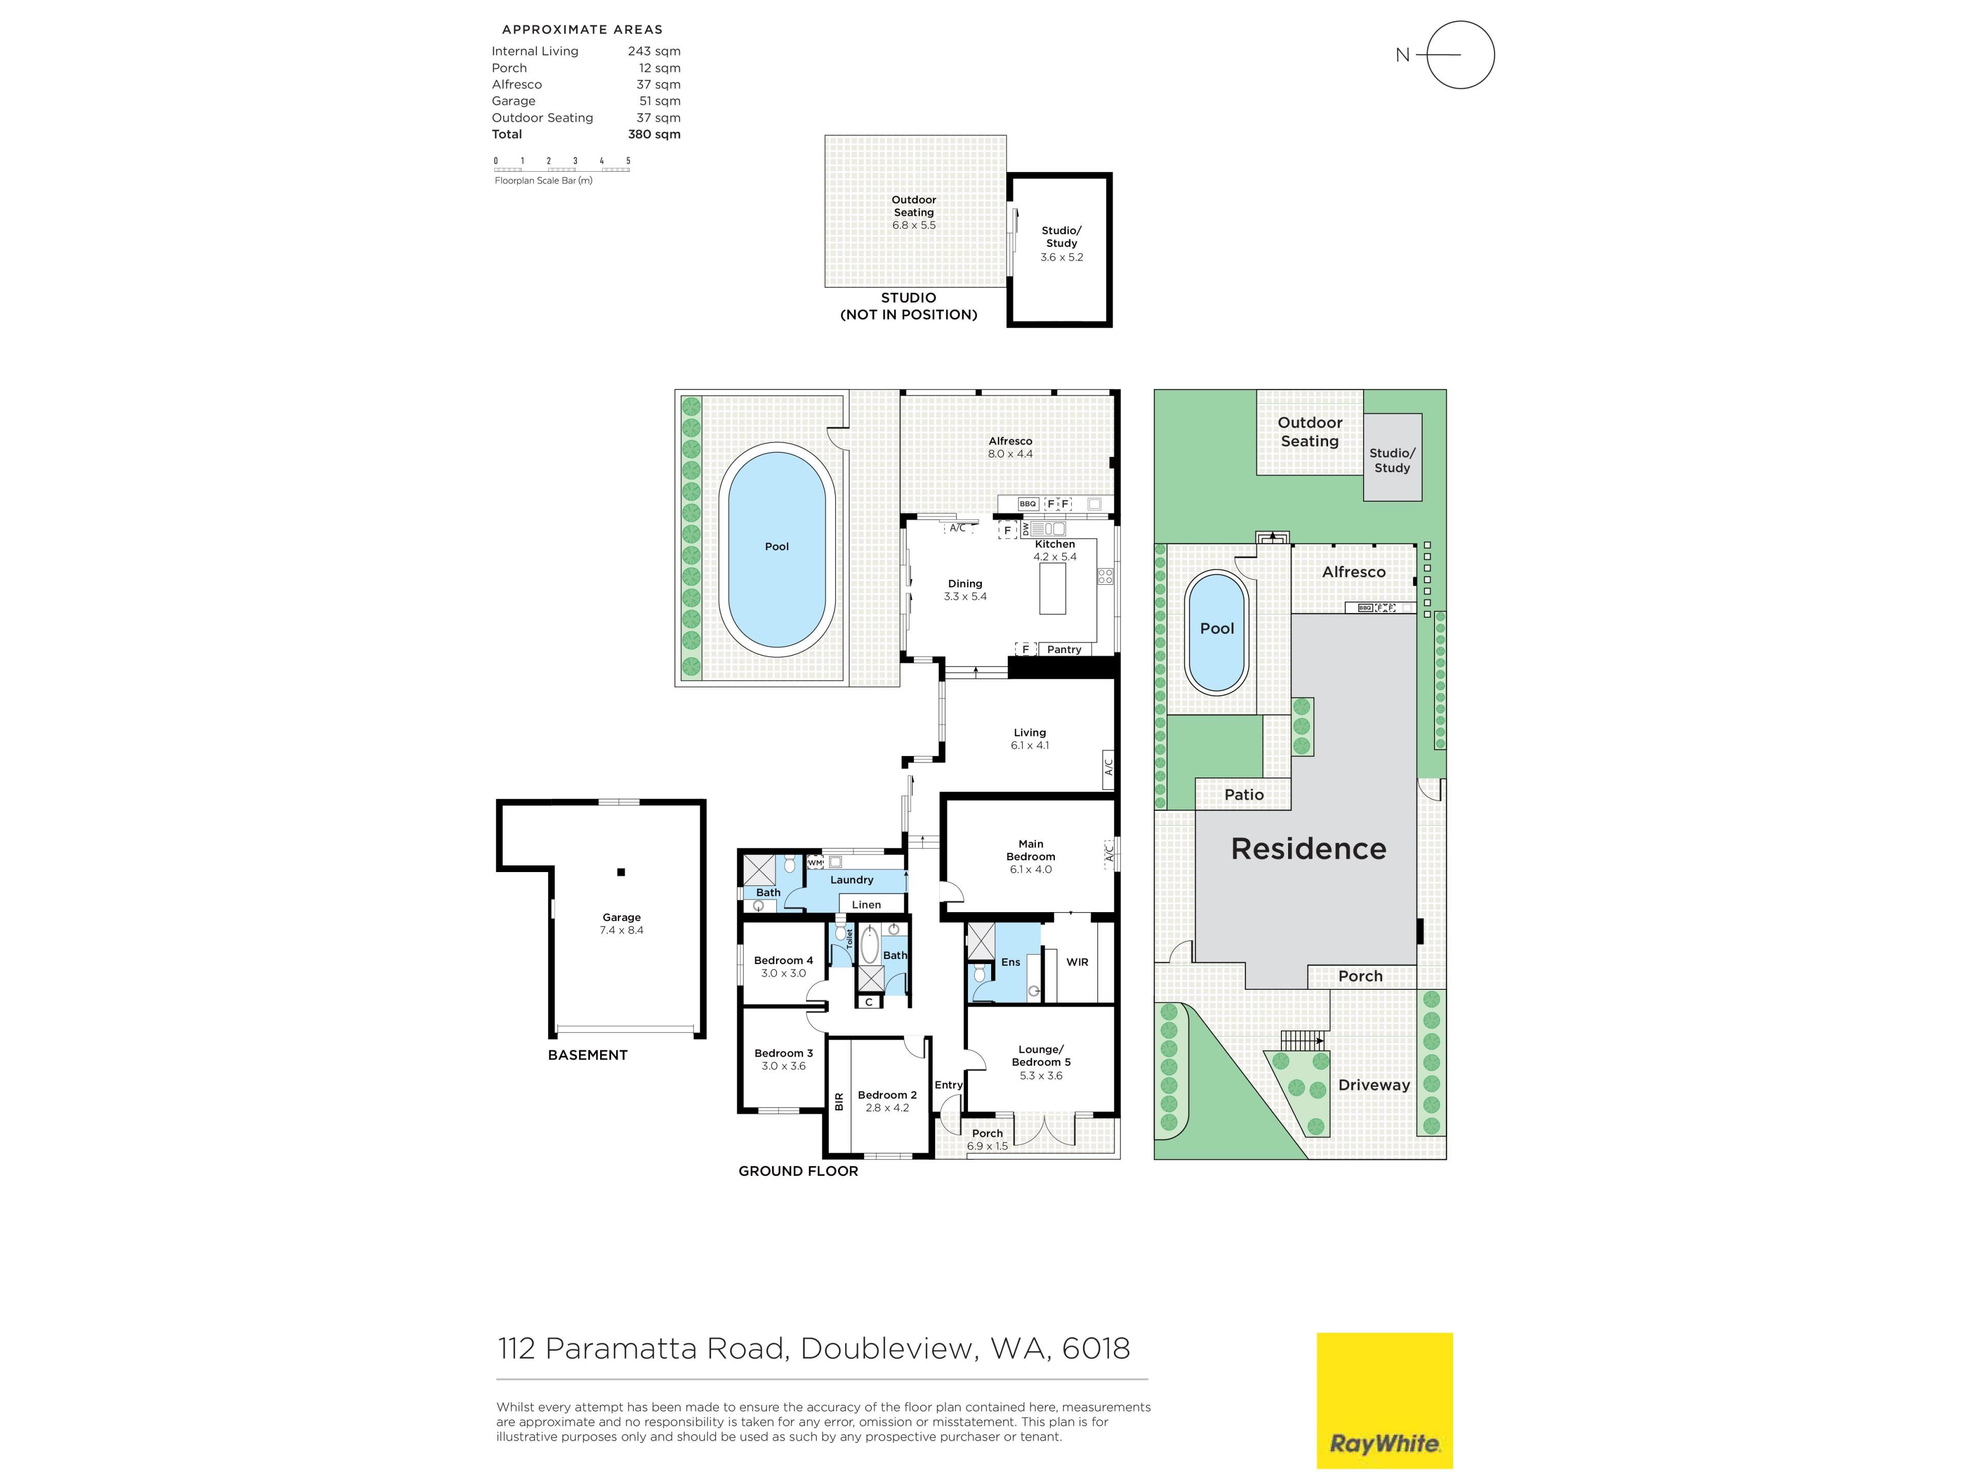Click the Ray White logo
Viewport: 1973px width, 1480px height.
click(x=1384, y=1400)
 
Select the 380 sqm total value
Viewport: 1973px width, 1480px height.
click(x=654, y=134)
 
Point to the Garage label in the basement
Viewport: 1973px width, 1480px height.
click(x=622, y=917)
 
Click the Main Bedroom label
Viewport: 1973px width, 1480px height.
click(x=1031, y=850)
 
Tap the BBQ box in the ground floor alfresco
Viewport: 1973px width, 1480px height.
click(x=1028, y=504)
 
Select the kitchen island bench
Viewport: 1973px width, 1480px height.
click(x=1052, y=589)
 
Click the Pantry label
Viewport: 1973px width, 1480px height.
click(x=1064, y=650)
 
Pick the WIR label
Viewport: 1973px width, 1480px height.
click(x=1077, y=961)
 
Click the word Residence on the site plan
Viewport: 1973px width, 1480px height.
click(x=1309, y=848)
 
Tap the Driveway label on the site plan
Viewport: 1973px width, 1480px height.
click(x=1373, y=1085)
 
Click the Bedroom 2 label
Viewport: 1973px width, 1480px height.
click(x=887, y=1095)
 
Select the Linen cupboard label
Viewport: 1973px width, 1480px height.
click(x=866, y=904)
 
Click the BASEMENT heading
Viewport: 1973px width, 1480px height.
click(x=588, y=1054)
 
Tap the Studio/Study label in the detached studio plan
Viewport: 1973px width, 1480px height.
click(x=1062, y=236)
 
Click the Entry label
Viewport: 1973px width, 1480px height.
click(x=948, y=1085)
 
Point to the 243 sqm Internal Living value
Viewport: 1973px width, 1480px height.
click(x=654, y=51)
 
